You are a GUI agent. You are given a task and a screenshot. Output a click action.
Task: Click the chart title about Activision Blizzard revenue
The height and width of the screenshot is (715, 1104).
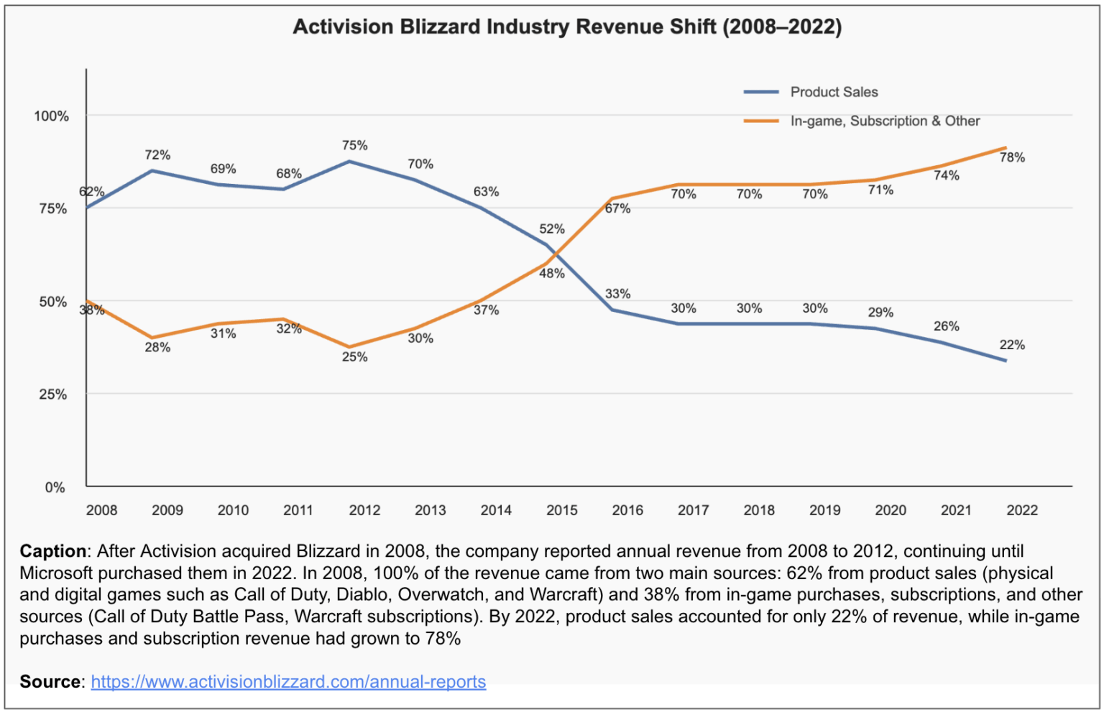coord(567,27)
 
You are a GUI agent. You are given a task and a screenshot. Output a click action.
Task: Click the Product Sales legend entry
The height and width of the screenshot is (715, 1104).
coord(834,92)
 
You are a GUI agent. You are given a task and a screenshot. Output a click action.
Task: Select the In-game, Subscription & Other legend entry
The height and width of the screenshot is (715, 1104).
coord(884,121)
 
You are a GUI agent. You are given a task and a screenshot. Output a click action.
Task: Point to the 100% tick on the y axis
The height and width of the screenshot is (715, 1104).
coord(52,116)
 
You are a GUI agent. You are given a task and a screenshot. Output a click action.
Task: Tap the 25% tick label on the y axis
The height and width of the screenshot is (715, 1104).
coord(53,395)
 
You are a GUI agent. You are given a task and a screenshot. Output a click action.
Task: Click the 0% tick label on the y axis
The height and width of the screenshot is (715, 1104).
coord(55,487)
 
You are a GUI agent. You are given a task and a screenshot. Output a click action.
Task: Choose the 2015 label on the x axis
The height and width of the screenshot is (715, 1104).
coord(561,510)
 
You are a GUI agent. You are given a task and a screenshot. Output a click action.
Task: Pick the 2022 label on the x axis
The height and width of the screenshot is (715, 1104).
coord(1021,510)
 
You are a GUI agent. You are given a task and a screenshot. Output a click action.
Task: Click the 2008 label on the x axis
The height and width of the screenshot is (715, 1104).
coord(101,510)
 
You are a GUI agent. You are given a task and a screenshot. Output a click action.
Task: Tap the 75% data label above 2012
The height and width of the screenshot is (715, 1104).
coord(354,145)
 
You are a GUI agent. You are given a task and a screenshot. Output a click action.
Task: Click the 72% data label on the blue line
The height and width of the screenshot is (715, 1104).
coord(157,154)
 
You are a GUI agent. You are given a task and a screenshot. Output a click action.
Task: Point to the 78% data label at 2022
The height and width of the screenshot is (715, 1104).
coord(1012,157)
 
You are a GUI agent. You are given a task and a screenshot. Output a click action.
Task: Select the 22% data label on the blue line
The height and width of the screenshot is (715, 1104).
coord(1012,345)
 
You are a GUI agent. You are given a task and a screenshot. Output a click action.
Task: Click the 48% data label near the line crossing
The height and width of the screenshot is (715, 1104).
coord(551,273)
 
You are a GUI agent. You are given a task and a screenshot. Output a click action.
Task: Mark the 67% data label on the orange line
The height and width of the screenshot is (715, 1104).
coord(617,208)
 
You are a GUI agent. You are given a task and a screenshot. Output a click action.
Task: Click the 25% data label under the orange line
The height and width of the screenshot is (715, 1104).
coord(354,356)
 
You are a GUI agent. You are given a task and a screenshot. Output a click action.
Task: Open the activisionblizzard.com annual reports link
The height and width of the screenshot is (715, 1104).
coord(288,681)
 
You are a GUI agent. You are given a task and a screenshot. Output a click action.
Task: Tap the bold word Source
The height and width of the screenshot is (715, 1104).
coord(50,681)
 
